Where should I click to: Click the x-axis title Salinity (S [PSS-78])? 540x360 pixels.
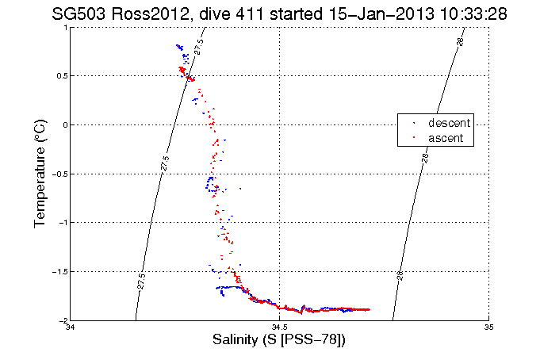point(279,340)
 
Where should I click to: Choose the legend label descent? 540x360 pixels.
point(450,124)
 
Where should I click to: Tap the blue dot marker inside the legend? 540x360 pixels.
point(414,124)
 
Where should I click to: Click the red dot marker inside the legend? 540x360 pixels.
point(414,138)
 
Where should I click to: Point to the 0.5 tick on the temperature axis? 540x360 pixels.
point(60,76)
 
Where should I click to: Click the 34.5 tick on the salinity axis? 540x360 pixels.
point(279,327)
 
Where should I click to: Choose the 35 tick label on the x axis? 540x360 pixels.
point(488,327)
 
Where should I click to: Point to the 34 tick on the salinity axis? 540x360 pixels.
point(71,327)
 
